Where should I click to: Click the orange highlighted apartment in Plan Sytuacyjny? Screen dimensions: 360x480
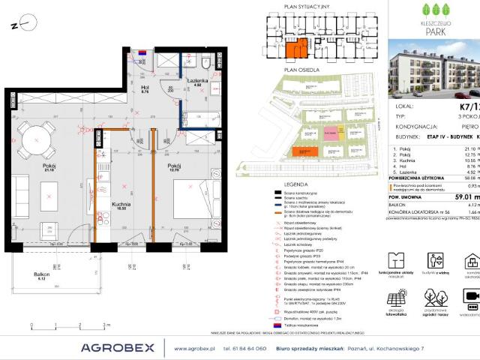[x=296, y=49]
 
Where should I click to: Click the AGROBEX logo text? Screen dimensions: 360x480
[x=118, y=347]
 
